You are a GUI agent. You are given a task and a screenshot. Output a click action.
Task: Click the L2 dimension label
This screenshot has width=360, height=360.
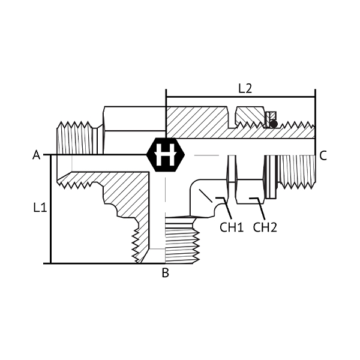click(245, 89)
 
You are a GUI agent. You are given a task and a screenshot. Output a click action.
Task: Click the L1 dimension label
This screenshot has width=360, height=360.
click(40, 208)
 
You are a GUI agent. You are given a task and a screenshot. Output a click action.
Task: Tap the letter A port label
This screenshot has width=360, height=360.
click(36, 155)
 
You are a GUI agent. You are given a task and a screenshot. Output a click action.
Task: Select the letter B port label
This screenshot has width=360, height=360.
click(166, 273)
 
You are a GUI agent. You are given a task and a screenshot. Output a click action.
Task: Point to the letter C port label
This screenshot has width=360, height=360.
click(323, 155)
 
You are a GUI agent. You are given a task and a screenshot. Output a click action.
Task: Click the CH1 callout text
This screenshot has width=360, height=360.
click(232, 227)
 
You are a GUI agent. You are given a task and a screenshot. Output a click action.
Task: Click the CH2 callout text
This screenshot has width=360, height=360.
click(265, 227)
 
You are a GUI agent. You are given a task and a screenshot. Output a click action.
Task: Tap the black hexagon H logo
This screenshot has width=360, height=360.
click(166, 155)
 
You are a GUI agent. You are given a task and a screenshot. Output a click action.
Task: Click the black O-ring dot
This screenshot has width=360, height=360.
click(274, 124)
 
